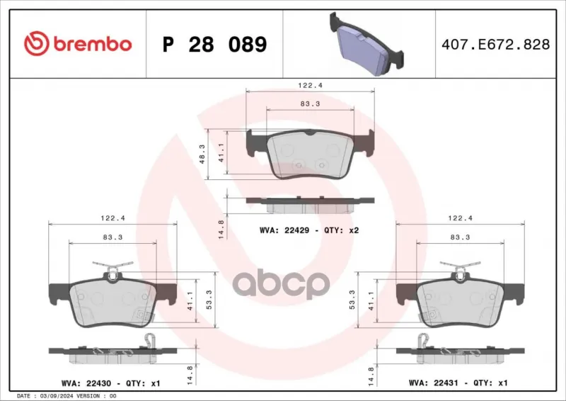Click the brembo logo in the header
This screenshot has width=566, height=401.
tap(78, 44)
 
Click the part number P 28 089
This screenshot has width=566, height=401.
tap(215, 45)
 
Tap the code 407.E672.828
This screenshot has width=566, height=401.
tap(496, 45)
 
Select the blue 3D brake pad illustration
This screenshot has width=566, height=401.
tap(366, 44)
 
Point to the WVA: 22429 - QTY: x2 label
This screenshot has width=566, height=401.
tap(309, 230)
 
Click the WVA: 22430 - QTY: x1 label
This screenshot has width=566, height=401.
tap(111, 383)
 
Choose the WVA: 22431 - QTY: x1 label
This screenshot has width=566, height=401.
tap(458, 383)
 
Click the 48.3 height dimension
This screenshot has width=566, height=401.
tap(202, 154)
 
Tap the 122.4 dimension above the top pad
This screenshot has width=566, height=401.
tap(310, 86)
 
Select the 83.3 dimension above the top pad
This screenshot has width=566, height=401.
tap(310, 103)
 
